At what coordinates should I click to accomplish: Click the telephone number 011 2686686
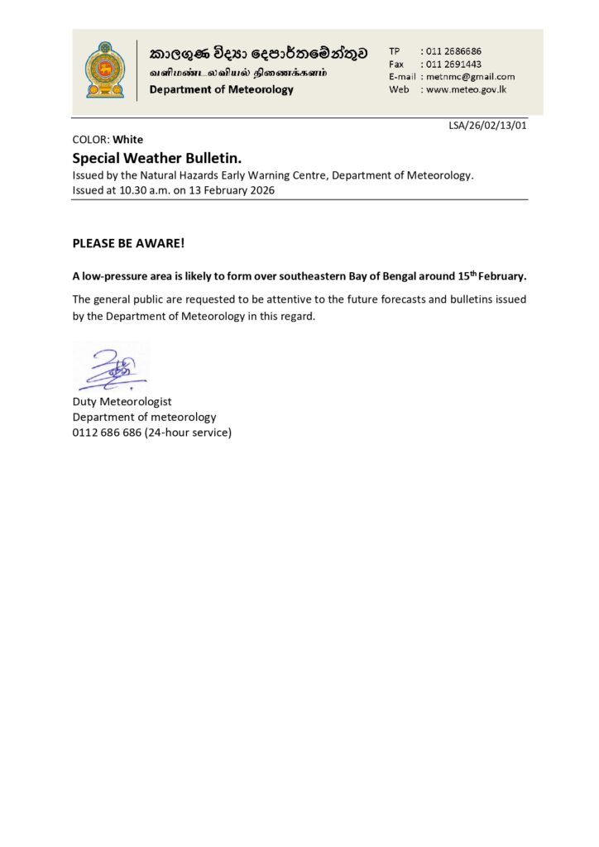(x=454, y=50)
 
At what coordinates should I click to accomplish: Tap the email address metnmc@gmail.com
(x=471, y=76)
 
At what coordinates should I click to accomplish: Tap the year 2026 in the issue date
(x=261, y=190)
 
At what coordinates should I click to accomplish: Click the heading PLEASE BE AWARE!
(x=128, y=245)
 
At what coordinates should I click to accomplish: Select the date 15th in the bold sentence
(x=469, y=275)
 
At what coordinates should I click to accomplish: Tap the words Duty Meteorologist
(x=122, y=402)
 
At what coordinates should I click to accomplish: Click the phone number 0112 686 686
(x=107, y=432)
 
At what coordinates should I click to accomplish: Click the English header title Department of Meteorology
(x=221, y=89)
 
